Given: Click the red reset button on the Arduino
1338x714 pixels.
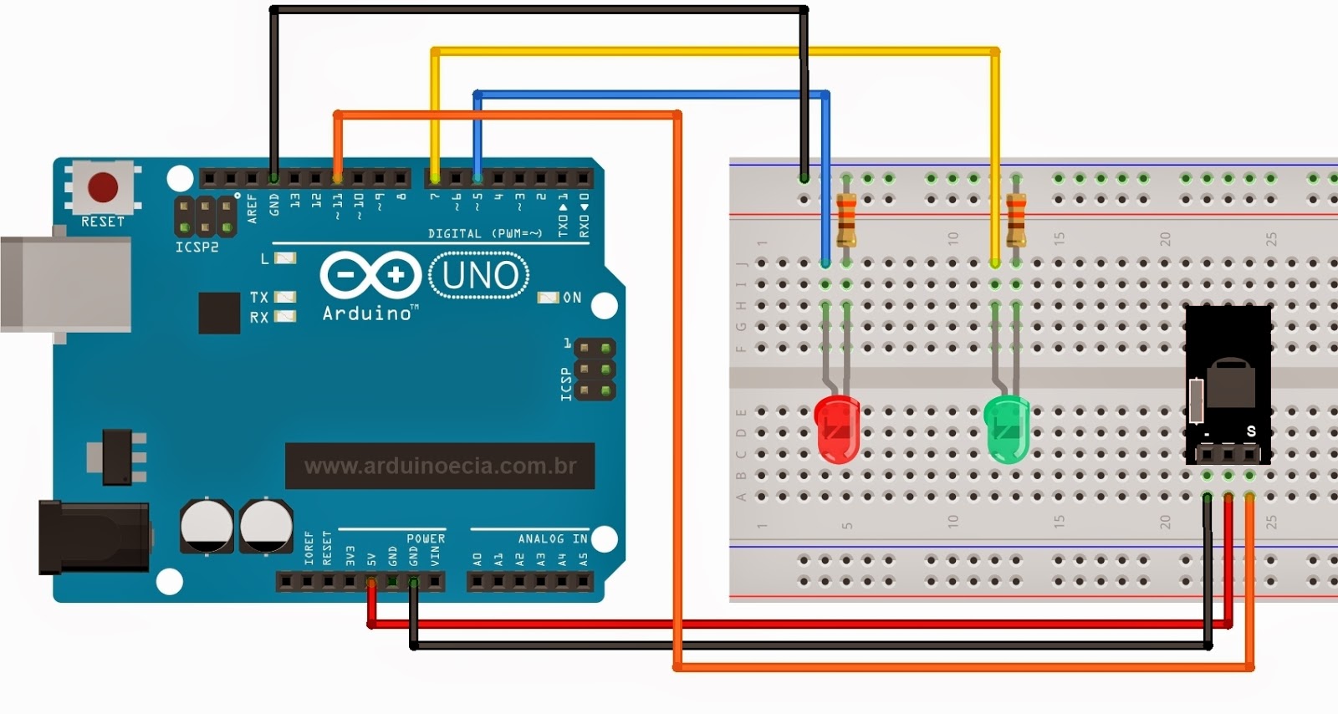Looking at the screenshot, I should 103,186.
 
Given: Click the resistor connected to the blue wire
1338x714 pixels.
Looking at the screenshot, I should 846,218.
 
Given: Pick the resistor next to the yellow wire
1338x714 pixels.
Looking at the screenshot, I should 1016,218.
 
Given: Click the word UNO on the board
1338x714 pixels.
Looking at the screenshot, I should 479,275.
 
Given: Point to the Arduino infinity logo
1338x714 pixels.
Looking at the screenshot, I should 370,275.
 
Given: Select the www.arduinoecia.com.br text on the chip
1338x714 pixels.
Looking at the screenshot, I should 440,466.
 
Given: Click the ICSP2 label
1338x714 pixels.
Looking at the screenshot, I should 197,247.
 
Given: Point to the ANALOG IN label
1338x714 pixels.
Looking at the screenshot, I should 552,538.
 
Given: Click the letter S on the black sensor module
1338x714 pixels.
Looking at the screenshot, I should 1251,431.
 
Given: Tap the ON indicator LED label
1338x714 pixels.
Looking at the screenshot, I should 572,298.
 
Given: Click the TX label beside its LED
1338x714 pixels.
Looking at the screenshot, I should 259,298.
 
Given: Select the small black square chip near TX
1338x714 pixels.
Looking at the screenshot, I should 219,313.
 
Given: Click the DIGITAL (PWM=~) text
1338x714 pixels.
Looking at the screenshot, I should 485,233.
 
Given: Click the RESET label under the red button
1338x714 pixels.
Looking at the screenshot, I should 102,222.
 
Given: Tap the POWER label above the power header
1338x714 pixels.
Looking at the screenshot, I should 426,538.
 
